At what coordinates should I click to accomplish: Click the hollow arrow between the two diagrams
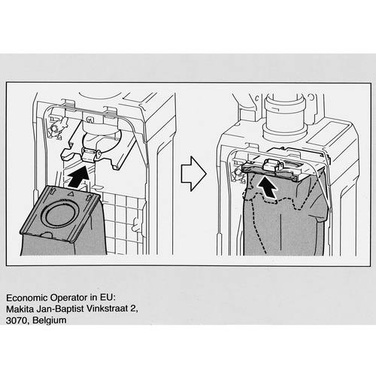[x=193, y=174]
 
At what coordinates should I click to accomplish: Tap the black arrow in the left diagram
[x=78, y=177]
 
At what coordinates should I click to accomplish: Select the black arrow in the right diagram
[x=267, y=187]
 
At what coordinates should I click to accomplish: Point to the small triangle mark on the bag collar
[x=71, y=193]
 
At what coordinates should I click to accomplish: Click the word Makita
[x=20, y=309]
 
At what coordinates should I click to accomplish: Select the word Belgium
[x=50, y=320]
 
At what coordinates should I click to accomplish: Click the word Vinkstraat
[x=107, y=309]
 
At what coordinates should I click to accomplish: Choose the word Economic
[x=27, y=298]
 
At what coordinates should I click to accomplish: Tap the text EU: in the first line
[x=108, y=298]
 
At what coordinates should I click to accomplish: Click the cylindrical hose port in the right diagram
[x=285, y=115]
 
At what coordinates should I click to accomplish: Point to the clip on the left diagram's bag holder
[x=89, y=154]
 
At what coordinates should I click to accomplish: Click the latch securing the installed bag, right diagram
[x=272, y=164]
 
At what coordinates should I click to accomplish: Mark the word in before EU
[x=94, y=298]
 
